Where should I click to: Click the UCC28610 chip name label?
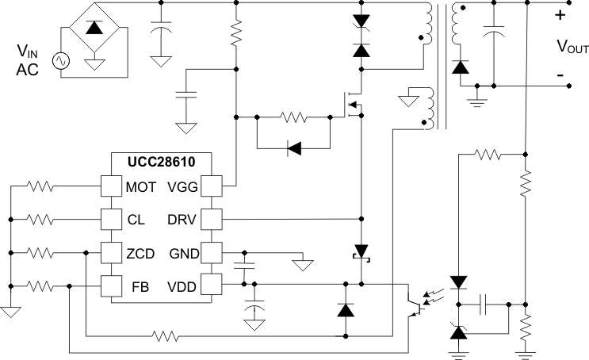click(161, 162)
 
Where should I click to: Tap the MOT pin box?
click(110, 186)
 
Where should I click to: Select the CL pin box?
click(110, 219)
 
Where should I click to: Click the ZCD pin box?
click(110, 252)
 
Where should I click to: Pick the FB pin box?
click(110, 285)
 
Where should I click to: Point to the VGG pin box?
click(211, 186)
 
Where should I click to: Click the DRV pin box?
click(211, 219)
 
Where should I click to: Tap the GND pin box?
click(211, 252)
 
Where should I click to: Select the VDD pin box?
click(211, 285)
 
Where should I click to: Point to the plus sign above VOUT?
click(560, 14)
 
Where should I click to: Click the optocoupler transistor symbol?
click(413, 305)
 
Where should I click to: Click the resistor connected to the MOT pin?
click(40, 186)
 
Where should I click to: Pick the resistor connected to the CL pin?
click(40, 219)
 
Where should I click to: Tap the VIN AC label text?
click(27, 60)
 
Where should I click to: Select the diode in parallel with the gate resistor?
click(293, 147)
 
